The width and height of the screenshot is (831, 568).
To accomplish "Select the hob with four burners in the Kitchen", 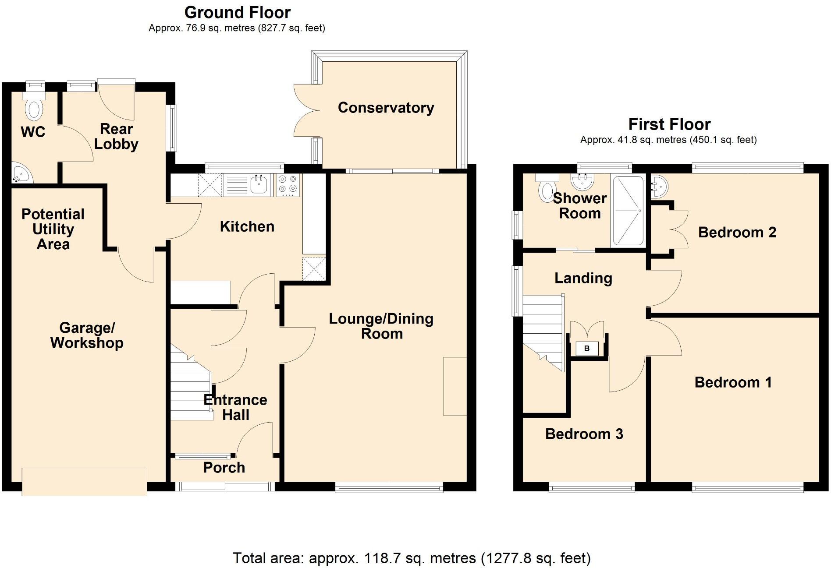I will tap(288, 184).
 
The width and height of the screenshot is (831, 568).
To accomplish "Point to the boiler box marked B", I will tap(587, 349).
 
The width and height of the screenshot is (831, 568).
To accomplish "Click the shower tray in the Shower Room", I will tap(628, 211).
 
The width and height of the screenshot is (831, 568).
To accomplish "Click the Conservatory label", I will tap(386, 108).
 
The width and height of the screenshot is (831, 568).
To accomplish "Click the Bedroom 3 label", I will tap(584, 434).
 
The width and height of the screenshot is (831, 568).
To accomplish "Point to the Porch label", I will tap(224, 468).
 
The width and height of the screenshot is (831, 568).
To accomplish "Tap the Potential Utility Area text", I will tap(53, 229).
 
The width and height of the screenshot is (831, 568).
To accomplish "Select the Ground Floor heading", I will tap(237, 12).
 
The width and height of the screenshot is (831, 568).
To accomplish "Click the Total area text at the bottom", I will tap(412, 558).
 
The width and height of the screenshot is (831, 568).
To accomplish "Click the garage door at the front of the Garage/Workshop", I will tap(84, 482).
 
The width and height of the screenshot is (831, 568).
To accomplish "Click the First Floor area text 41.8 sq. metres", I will tap(668, 140).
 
